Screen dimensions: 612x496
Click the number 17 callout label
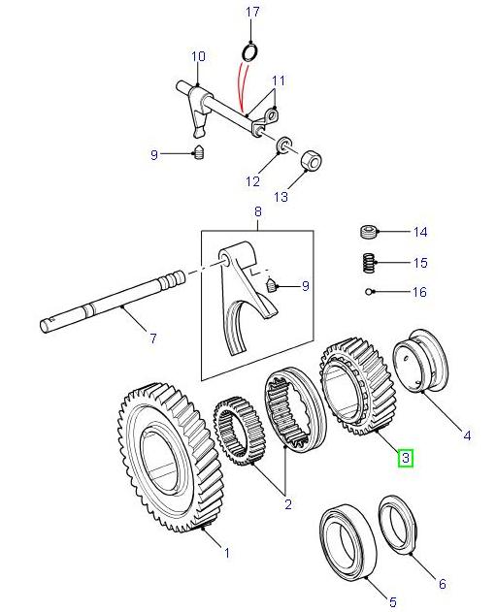pos(252,12)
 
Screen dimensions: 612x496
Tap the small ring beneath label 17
pos(249,49)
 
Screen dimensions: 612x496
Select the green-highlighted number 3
pos(407,457)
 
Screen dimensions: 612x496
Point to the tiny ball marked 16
pos(369,291)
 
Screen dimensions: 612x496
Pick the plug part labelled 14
pos(368,232)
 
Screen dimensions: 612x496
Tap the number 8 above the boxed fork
pos(258,211)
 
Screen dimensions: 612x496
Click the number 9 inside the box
pos(305,286)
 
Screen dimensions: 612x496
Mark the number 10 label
pos(198,56)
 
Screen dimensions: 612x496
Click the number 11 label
pos(279,80)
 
